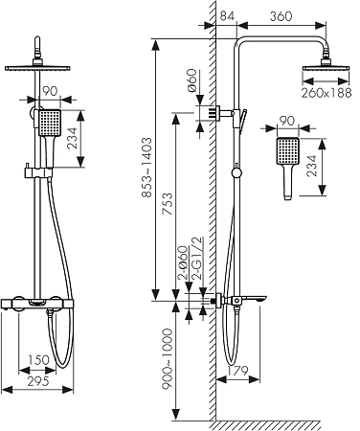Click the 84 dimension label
[x=227, y=16]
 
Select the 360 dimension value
[x=281, y=16]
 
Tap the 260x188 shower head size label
[x=326, y=93]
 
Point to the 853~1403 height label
[x=146, y=168]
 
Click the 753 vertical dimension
[x=169, y=203]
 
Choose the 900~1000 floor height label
[x=167, y=358]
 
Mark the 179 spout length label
[x=237, y=371]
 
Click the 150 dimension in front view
[x=38, y=360]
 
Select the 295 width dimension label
[x=38, y=381]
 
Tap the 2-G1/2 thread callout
[x=197, y=259]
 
